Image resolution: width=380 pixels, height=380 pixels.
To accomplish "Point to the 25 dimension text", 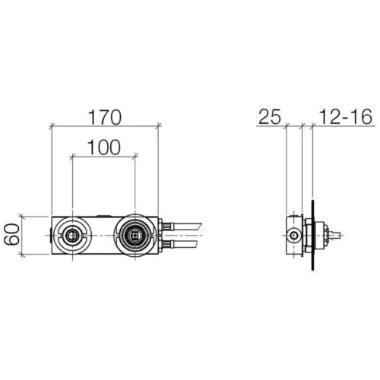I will (270, 117).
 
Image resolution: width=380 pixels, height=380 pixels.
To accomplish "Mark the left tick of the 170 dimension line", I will (51, 125).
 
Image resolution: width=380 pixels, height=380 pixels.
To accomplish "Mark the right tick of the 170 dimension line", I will (159, 125).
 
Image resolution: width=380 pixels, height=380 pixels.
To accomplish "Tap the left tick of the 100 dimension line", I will (71, 157).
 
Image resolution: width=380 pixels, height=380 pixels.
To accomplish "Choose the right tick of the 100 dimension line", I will (135, 157).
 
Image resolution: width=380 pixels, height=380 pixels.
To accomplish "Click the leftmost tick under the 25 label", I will (286, 126).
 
